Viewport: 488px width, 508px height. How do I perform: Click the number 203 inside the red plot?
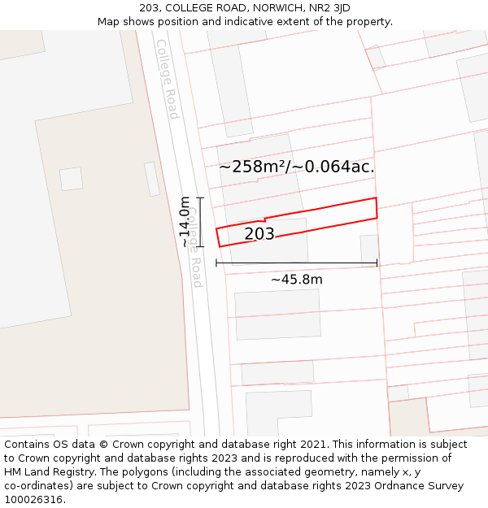click(259, 234)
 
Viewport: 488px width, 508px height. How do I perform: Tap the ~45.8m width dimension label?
click(297, 280)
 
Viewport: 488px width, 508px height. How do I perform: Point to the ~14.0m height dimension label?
click(185, 222)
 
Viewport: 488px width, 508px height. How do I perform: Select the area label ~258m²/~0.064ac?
click(297, 167)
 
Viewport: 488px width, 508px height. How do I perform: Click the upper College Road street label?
click(168, 79)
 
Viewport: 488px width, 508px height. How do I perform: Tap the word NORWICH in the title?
click(272, 7)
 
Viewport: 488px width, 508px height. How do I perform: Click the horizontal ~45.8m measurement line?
click(297, 263)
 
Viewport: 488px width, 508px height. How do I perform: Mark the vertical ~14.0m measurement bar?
click(200, 221)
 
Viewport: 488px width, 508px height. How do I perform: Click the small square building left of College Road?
click(72, 179)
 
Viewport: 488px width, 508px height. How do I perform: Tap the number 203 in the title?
click(149, 7)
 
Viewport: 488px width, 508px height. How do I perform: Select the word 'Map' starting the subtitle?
click(109, 21)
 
